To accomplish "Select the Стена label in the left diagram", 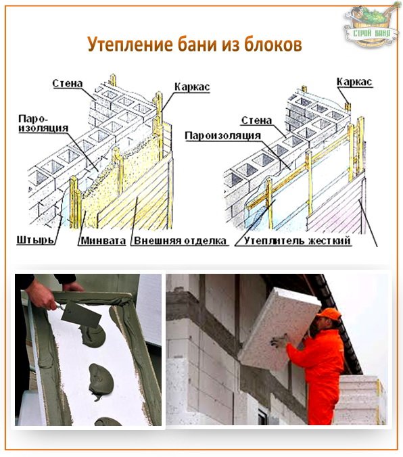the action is click(68, 83).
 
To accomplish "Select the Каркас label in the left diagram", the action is click(192, 87).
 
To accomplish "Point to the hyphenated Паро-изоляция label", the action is click(43, 123).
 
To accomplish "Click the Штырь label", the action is click(35, 240).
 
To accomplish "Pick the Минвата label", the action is click(103, 241).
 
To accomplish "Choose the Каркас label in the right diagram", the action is click(354, 82).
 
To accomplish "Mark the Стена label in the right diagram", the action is click(257, 120).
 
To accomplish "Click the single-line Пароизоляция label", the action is click(222, 136).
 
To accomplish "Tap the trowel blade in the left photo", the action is click(81, 314).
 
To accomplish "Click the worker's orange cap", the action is click(329, 314).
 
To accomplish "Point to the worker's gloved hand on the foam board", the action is click(279, 341).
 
